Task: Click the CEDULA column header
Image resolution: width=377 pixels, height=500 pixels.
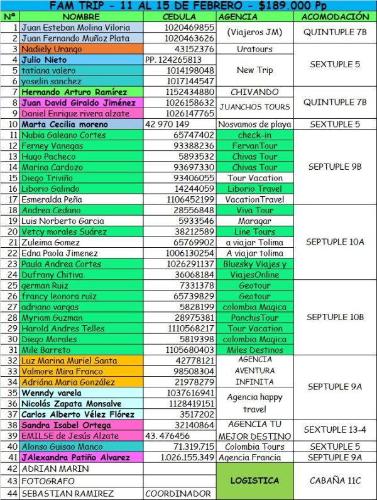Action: click(x=179, y=17)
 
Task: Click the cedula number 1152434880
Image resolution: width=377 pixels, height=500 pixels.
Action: click(x=188, y=92)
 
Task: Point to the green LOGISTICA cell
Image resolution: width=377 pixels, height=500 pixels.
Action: click(x=254, y=481)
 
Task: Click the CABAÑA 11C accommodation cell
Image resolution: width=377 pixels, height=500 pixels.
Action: click(x=336, y=481)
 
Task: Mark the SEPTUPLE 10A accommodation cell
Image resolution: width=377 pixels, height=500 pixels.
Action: click(x=336, y=242)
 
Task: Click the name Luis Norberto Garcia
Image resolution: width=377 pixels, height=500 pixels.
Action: click(x=63, y=221)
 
